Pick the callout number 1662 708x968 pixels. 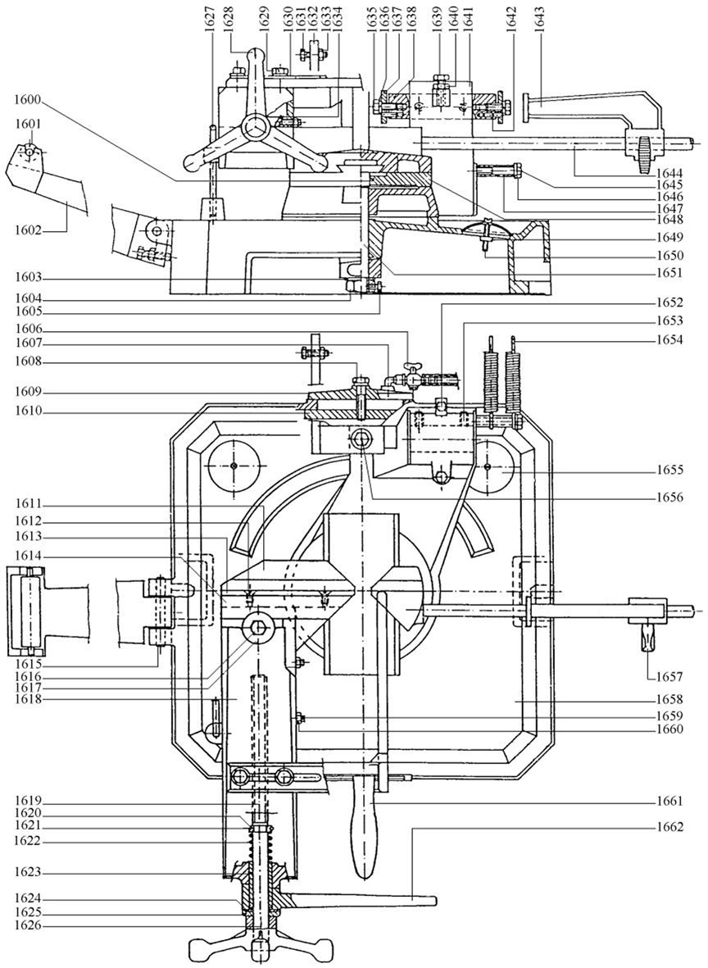(671, 829)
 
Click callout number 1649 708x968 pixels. (671, 237)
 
